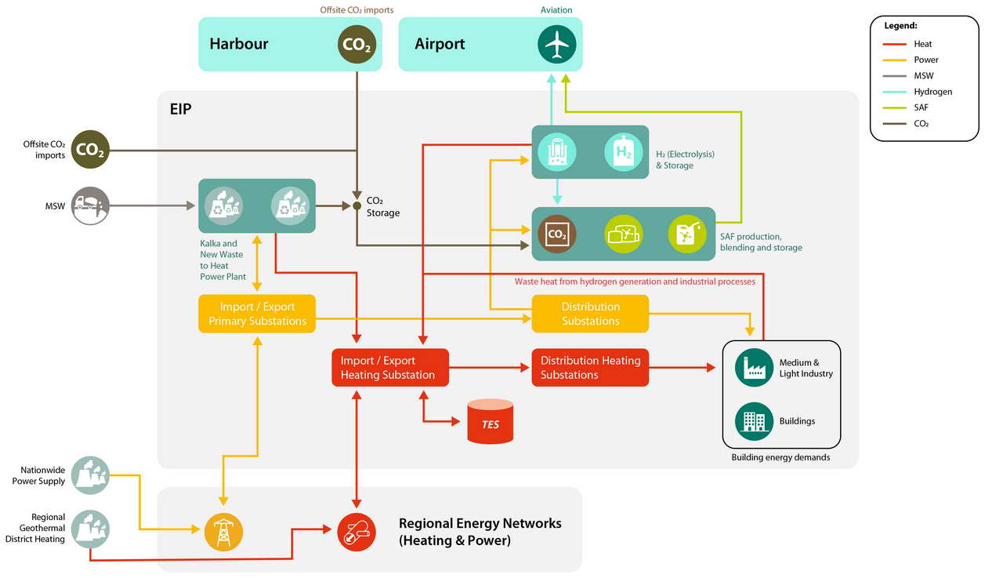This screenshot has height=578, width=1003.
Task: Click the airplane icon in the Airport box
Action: [556, 45]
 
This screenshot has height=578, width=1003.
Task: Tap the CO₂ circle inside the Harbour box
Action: [357, 45]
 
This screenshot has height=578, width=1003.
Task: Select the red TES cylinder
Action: [491, 421]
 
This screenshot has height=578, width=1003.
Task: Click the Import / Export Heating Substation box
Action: [390, 367]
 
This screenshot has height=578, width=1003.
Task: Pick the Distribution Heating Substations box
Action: [590, 367]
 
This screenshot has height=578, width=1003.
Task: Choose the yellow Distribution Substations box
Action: [590, 314]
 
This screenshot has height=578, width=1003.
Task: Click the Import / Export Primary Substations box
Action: [257, 314]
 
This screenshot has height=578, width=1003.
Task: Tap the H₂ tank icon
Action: [623, 152]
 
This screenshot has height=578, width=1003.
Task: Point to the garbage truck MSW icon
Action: [90, 205]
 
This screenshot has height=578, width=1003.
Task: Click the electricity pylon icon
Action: [223, 532]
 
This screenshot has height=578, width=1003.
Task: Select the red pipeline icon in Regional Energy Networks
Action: [357, 532]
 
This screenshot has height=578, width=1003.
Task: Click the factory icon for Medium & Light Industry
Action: [754, 367]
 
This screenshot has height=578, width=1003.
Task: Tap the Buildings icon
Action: [754, 421]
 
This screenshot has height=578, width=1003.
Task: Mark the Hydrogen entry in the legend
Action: [918, 92]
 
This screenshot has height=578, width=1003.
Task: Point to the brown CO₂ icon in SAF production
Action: [556, 234]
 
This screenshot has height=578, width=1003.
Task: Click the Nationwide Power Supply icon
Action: [90, 475]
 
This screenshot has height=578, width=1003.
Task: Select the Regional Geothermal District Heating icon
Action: [90, 529]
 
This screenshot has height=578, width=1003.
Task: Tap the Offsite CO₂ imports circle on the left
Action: [90, 149]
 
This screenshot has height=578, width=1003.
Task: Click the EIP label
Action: [180, 109]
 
